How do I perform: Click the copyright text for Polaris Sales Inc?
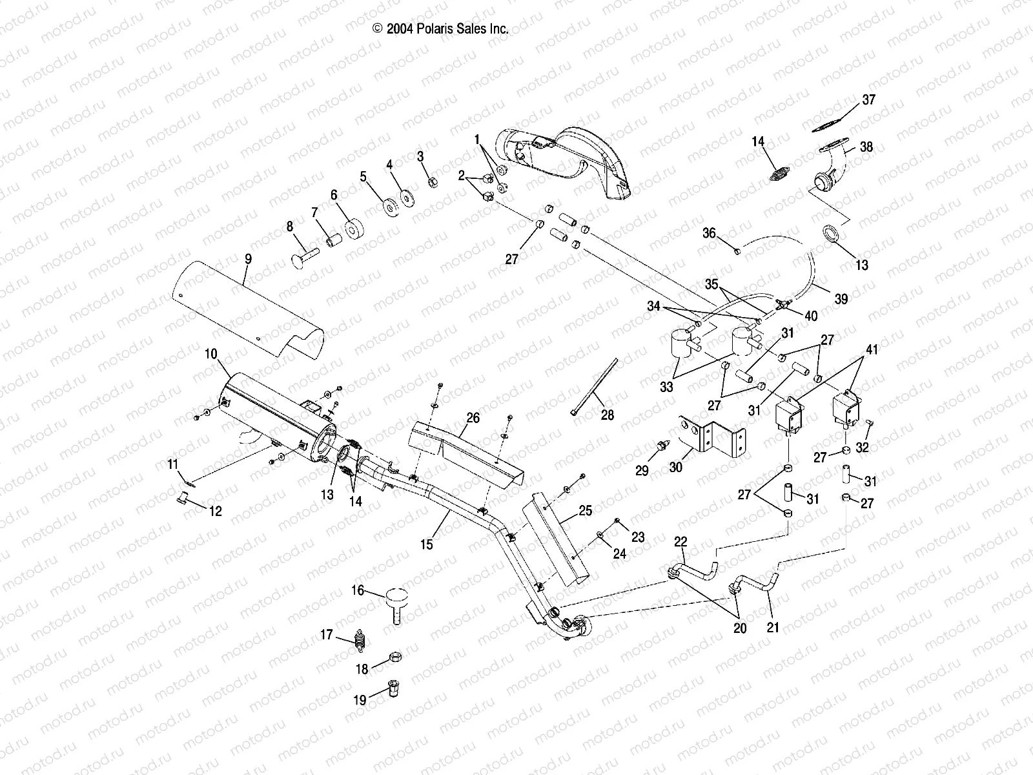440,28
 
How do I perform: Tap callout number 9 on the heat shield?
248,260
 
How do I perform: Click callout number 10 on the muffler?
212,355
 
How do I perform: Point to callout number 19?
360,699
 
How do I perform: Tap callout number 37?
869,99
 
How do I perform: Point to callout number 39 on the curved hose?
841,298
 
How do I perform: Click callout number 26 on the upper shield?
473,418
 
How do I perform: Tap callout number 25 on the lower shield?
585,510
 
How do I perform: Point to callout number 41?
872,351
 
